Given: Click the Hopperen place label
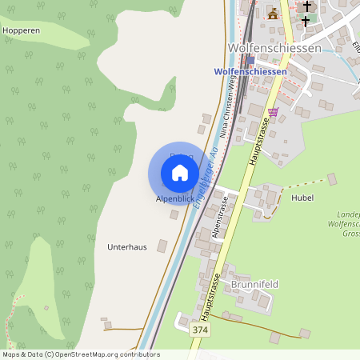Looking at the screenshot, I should point(21,30).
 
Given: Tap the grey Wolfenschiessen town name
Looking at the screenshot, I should point(274,48).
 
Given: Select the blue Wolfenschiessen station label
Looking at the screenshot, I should point(250,71).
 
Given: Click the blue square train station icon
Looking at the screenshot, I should point(250,60).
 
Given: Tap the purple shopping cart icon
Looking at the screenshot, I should point(274,112).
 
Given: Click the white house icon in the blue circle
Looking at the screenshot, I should point(180,173).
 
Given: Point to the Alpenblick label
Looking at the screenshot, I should point(174,198).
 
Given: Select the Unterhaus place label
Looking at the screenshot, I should point(127,247).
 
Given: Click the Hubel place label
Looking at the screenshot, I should point(302,198).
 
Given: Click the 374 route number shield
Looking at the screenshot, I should point(202,329).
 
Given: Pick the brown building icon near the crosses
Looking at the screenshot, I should point(274,14).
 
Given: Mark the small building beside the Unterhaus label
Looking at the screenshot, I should point(163,247).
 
